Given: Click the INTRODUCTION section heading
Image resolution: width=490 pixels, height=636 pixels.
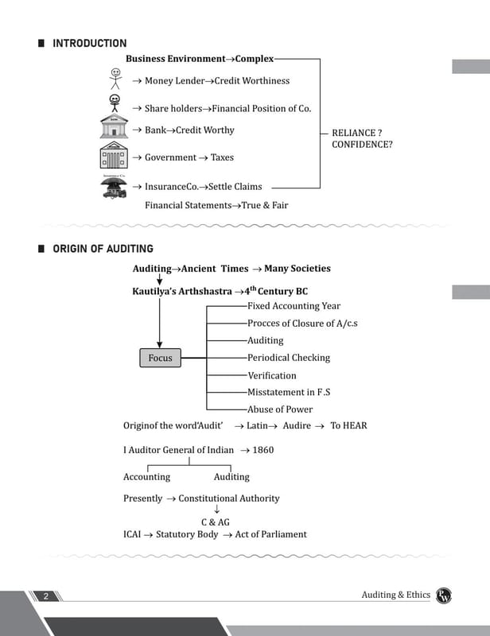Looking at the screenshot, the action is pyautogui.click(x=90, y=44).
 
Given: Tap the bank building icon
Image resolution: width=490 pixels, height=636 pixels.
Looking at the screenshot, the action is pyautogui.click(x=114, y=126).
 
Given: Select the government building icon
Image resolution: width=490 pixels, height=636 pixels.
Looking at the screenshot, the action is pyautogui.click(x=114, y=155).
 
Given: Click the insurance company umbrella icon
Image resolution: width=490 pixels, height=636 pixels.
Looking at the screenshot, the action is pyautogui.click(x=114, y=186).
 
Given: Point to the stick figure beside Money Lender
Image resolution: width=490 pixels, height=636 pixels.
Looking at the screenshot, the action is pyautogui.click(x=115, y=79).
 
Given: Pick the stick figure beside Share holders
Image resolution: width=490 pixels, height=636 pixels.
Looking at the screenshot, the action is pyautogui.click(x=115, y=103).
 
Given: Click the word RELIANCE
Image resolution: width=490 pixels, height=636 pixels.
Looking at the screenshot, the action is pyautogui.click(x=354, y=133).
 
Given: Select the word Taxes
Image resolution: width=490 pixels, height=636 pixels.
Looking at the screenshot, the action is pyautogui.click(x=222, y=157).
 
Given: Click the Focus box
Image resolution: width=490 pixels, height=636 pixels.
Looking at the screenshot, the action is pyautogui.click(x=161, y=358).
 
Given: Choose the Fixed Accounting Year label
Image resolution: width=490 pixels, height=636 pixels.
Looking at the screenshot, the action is pyautogui.click(x=294, y=306).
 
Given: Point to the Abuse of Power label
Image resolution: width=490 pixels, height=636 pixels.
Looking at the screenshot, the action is pyautogui.click(x=280, y=409).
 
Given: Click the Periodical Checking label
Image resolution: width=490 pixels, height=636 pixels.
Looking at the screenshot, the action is pyautogui.click(x=289, y=358).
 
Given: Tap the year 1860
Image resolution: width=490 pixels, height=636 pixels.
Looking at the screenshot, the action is pyautogui.click(x=263, y=450).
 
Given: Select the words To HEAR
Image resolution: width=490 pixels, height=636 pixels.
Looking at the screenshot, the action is pyautogui.click(x=348, y=425).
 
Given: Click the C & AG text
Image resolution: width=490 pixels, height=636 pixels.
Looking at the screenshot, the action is pyautogui.click(x=216, y=522).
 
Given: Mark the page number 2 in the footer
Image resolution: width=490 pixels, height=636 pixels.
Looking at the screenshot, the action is pyautogui.click(x=46, y=595).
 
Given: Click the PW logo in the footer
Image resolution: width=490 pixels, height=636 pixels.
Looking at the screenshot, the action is pyautogui.click(x=444, y=595).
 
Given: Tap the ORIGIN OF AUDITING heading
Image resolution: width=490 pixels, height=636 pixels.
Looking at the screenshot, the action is pyautogui.click(x=103, y=249).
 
